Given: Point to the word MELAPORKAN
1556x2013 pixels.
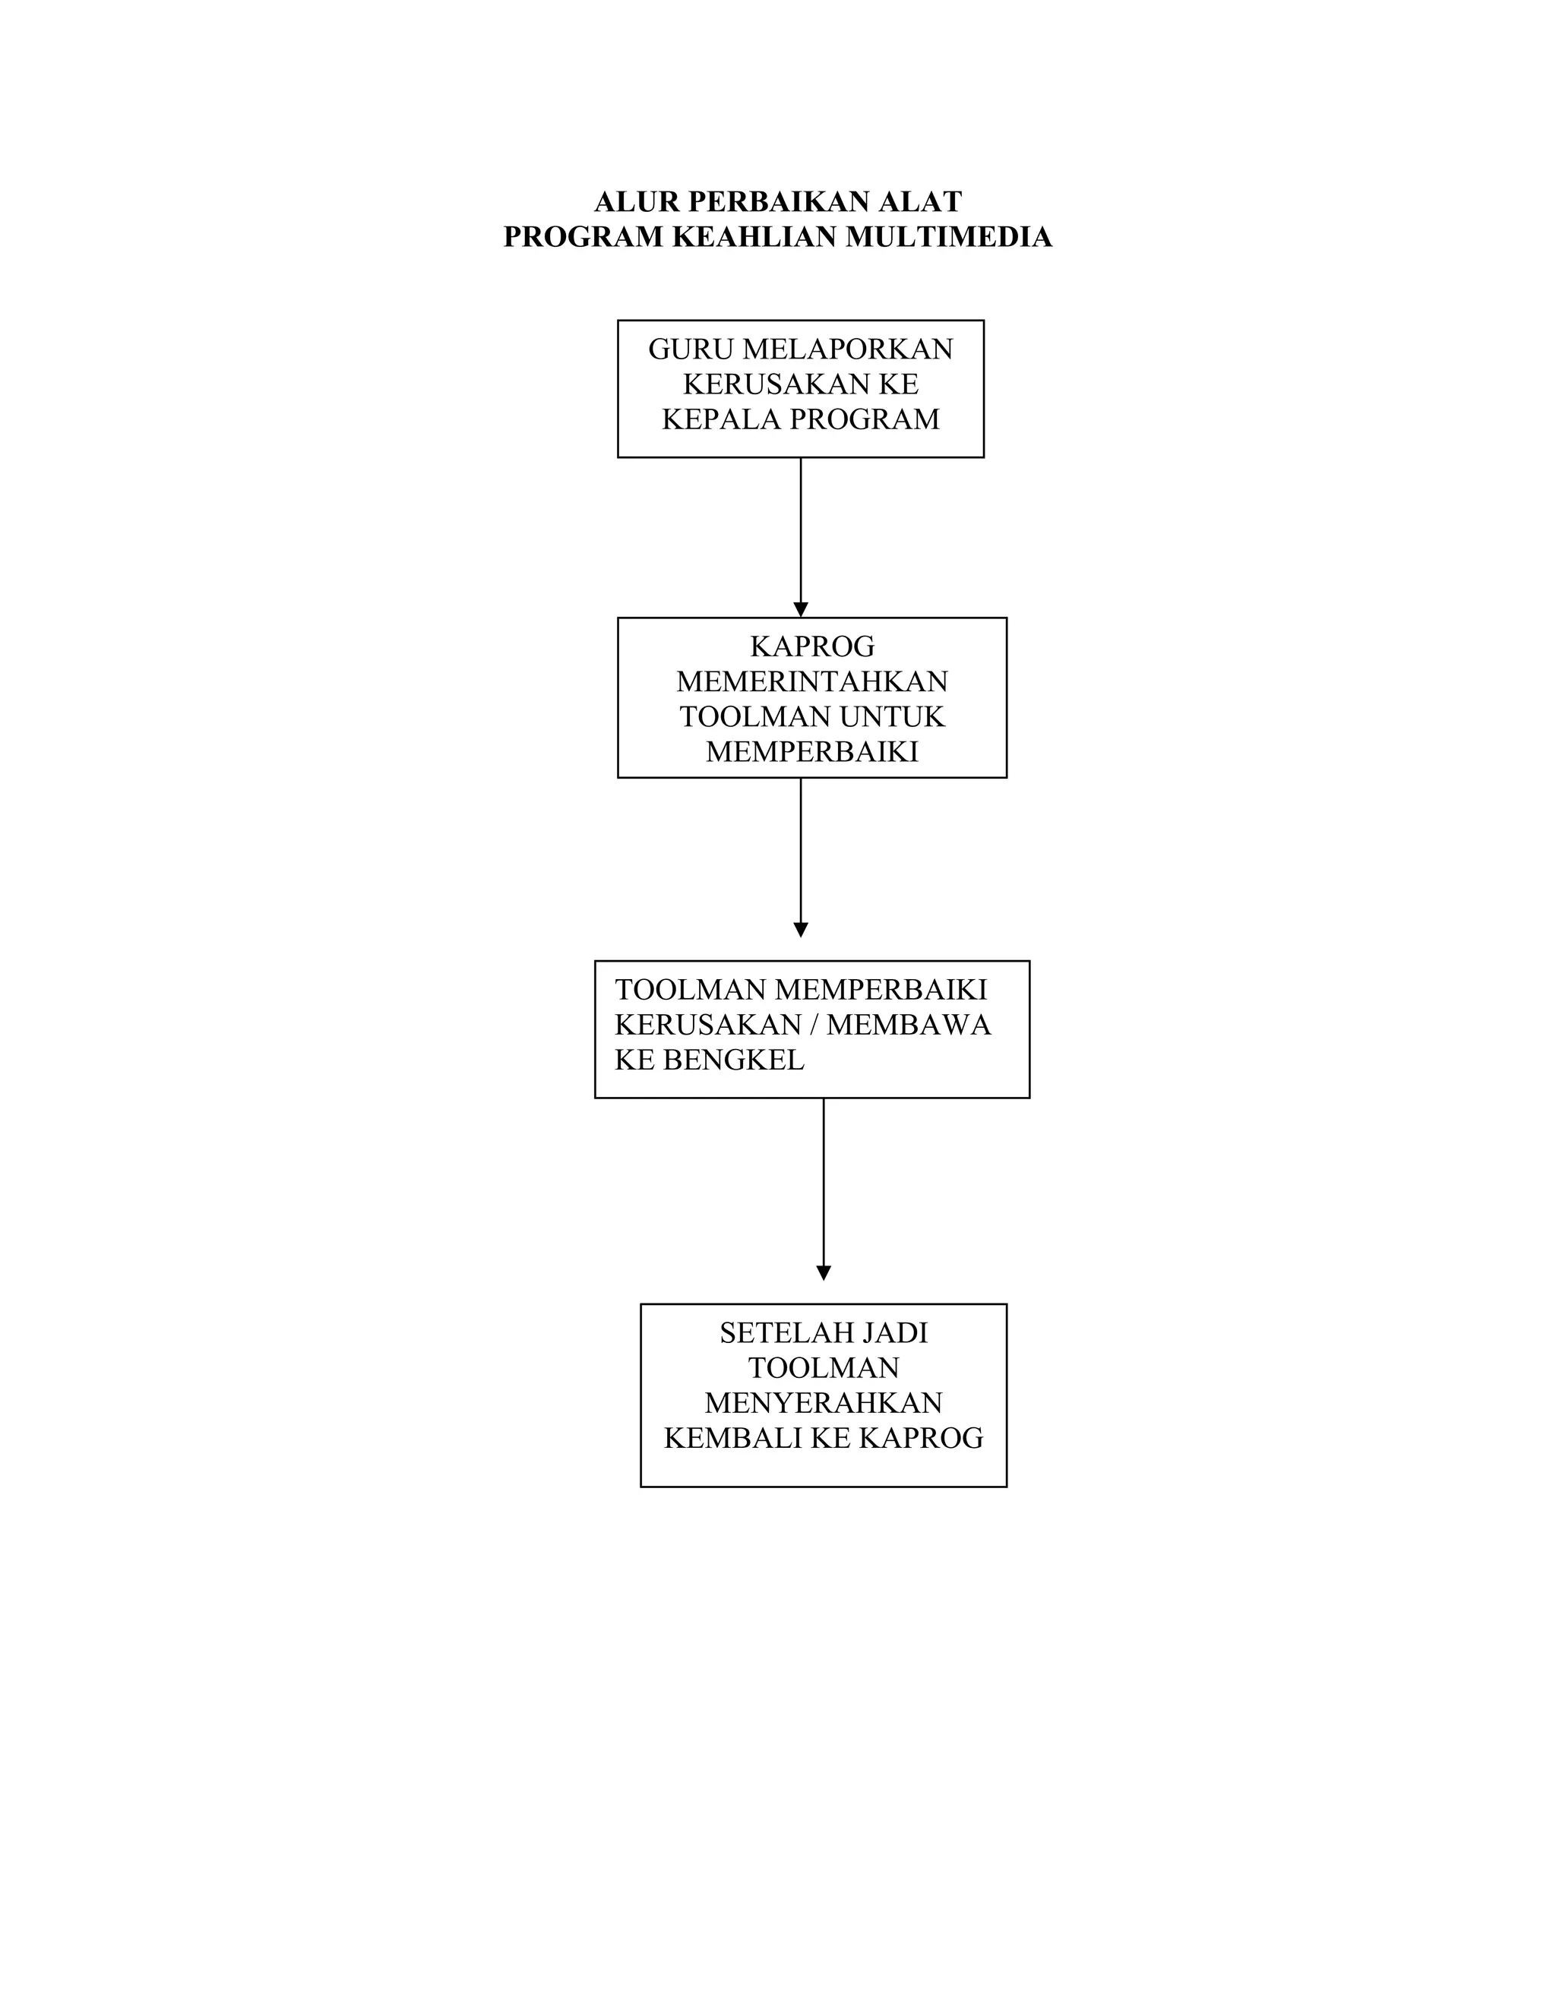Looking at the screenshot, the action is (848, 349).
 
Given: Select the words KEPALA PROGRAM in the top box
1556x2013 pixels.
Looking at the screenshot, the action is (800, 419).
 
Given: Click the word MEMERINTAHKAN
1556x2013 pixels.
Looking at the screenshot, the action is (812, 682).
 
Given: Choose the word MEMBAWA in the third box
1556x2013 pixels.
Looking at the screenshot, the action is (908, 1025).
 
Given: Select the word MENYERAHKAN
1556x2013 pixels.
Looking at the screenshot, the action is (823, 1403).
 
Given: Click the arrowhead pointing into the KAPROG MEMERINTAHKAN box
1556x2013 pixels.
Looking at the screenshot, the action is (800, 609).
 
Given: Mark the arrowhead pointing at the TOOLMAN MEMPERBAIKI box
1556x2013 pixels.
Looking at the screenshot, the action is (800, 930).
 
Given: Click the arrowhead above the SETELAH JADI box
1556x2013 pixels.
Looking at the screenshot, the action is (823, 1273).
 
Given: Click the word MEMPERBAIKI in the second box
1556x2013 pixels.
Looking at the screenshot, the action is (812, 752).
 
